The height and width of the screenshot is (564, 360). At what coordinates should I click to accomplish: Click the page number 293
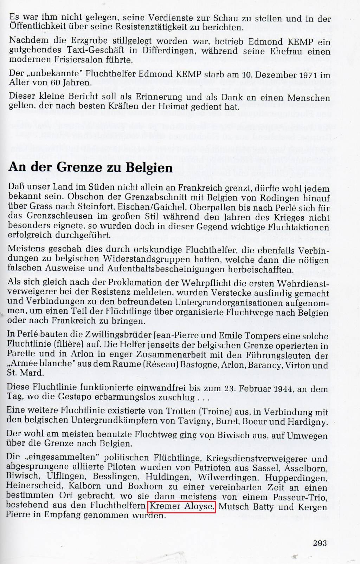(x=320, y=543)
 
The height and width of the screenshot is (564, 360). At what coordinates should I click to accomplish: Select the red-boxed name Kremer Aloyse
(x=181, y=507)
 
